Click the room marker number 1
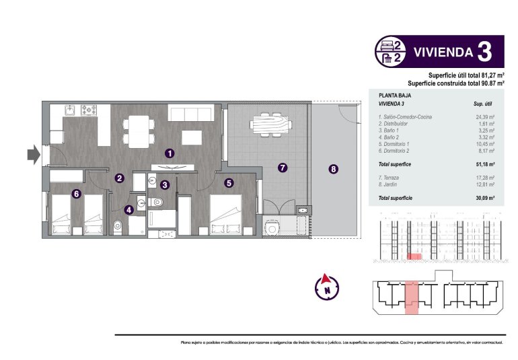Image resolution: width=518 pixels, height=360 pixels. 170,153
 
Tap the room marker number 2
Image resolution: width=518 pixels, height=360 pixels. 119,178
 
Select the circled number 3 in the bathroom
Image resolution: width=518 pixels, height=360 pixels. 165,184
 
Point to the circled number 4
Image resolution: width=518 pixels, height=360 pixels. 129,209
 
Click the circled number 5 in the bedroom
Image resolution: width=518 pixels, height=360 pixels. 229,182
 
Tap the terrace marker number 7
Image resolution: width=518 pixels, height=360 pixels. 283,168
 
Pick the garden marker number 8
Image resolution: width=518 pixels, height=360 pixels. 334,170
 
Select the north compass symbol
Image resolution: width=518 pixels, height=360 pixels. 327,287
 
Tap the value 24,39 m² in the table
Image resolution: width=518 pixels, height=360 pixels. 484,117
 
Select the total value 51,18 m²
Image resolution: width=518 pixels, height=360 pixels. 484,164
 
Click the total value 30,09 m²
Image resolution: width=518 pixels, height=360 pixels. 484,199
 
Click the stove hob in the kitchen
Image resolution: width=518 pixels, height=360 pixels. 90,109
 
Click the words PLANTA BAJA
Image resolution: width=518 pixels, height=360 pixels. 392,96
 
